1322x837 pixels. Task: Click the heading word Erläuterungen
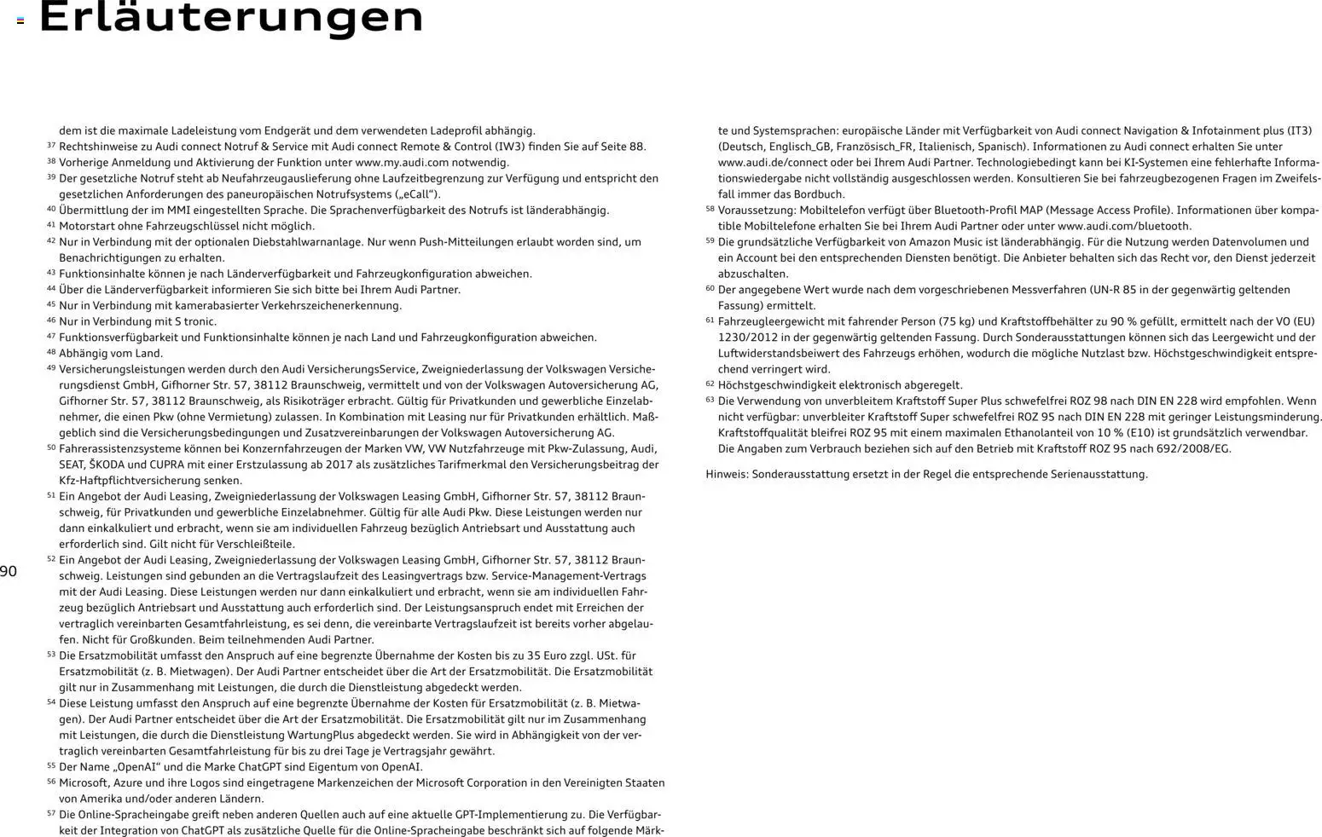point(231,17)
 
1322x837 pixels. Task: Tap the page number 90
point(9,572)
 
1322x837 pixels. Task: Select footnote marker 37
point(51,146)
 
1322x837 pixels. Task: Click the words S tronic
point(195,322)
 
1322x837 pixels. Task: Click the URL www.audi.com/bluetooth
point(1123,227)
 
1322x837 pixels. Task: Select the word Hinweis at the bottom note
point(726,475)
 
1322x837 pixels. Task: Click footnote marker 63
point(710,401)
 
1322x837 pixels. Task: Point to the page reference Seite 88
point(623,147)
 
